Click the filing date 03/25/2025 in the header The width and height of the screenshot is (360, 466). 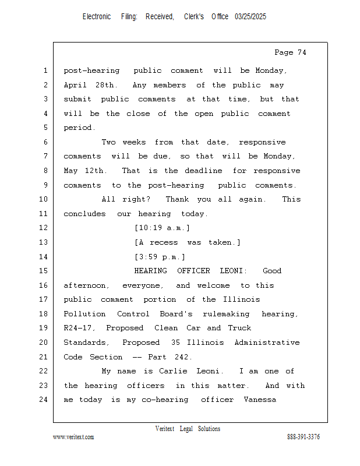[x=250, y=17]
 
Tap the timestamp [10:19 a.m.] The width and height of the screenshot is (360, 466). [x=162, y=228]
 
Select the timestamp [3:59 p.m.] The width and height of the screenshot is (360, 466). [x=160, y=257]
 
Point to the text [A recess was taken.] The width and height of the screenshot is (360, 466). [x=187, y=242]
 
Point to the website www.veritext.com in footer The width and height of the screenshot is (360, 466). [x=73, y=437]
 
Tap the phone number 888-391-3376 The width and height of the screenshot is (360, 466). [x=303, y=437]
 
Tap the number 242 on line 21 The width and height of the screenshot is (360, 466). [x=183, y=356]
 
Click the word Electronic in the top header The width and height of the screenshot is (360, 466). [x=97, y=17]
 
